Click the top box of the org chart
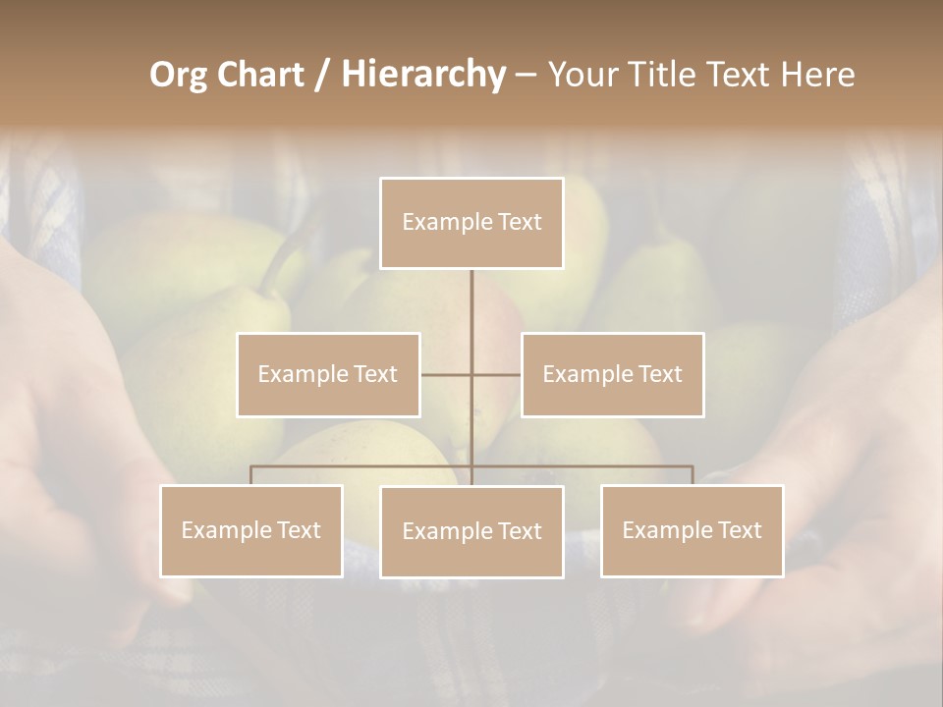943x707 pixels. (471, 223)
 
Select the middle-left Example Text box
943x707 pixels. (328, 374)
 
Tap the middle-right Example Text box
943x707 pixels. (612, 374)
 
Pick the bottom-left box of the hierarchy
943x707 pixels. (251, 530)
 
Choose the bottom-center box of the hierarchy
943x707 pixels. (471, 531)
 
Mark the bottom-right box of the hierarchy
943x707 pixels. (692, 530)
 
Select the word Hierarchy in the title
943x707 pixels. (423, 75)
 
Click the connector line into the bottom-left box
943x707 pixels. (251, 475)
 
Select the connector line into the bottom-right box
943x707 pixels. (692, 475)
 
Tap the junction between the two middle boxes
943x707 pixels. (471, 374)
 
